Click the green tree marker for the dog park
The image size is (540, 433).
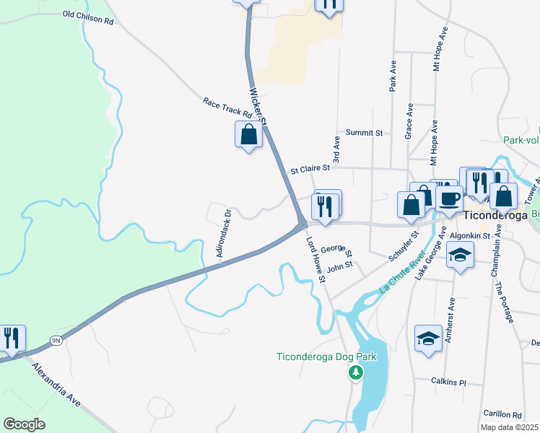coord(354,372)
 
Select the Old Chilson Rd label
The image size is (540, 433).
coord(88,17)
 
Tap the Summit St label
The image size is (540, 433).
coord(364,133)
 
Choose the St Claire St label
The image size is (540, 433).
coord(310,170)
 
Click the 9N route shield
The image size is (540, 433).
coord(56,340)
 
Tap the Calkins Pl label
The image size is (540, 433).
coord(448,382)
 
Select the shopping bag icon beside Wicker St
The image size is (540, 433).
coord(248,135)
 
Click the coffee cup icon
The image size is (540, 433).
coord(449,198)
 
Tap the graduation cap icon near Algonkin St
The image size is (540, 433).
coord(459,255)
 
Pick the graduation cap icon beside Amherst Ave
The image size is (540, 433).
coord(428,338)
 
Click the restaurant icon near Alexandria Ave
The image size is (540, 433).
coord(12,338)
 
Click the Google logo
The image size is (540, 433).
coord(25,424)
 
